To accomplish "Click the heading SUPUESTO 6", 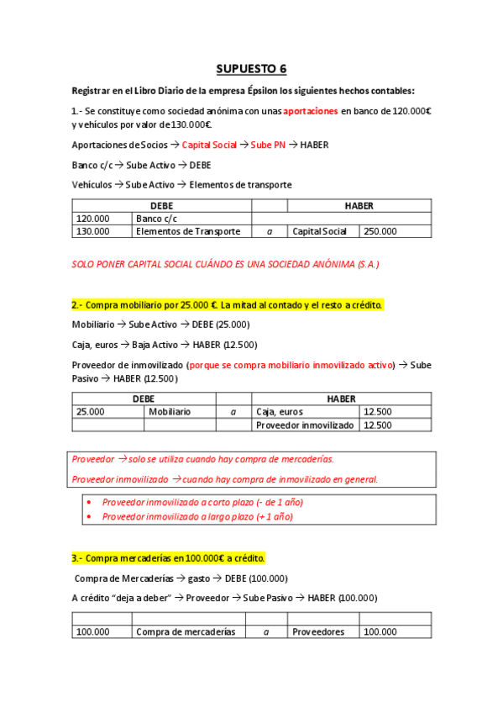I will coord(251,68).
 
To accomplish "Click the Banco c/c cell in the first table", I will coord(152,218).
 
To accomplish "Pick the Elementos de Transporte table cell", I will coord(188,231).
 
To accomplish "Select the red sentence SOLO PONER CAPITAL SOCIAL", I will coord(225,264).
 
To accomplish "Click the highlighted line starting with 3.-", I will coord(168,557).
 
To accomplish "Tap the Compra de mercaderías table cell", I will coord(186,631).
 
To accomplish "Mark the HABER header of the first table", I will coord(359,205).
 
